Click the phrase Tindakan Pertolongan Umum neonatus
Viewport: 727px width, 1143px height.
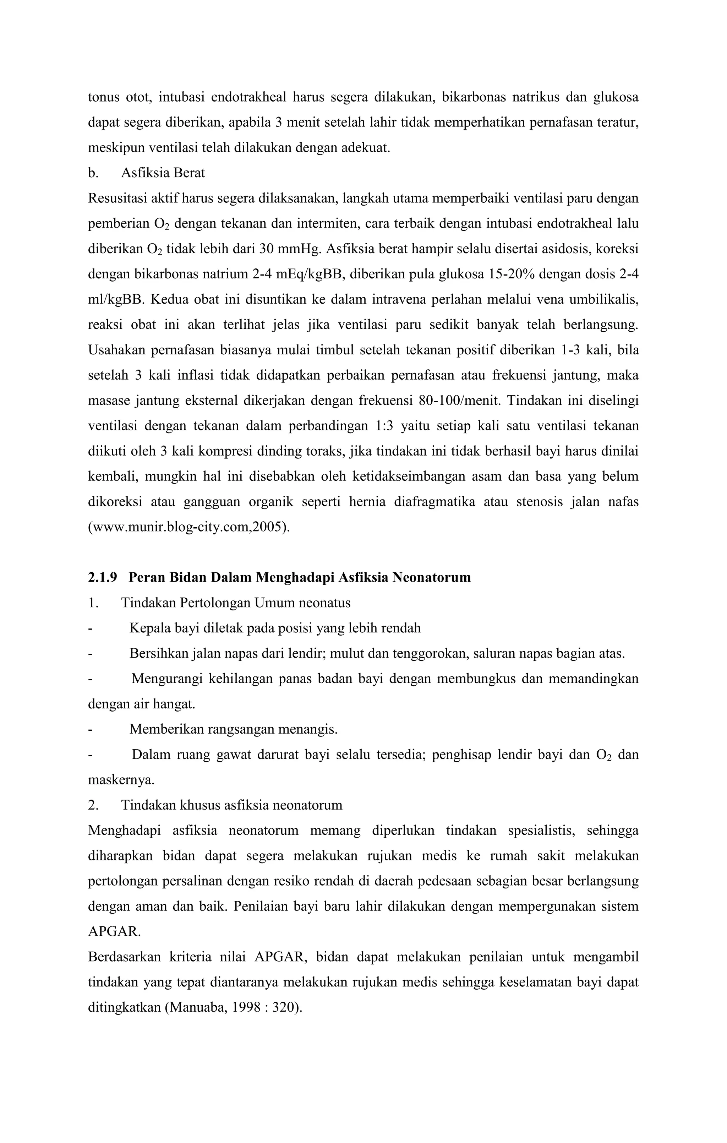[235, 603]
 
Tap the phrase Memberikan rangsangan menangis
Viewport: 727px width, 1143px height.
[234, 729]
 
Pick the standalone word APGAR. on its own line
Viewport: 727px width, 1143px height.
[114, 931]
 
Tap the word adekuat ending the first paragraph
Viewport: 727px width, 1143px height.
[366, 148]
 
